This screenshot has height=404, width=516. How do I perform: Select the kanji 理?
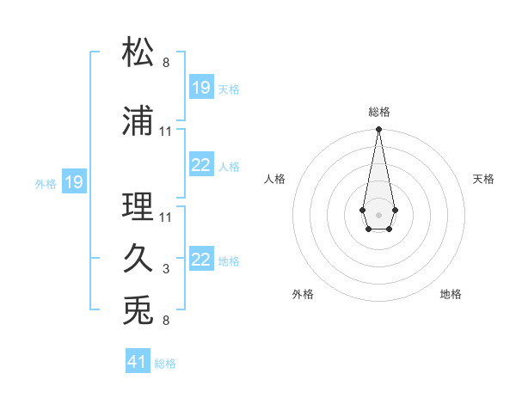click(138, 207)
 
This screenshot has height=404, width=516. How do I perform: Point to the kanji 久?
click(138, 259)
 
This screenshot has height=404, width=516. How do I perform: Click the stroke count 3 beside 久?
click(165, 269)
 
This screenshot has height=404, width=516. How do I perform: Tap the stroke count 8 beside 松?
click(165, 63)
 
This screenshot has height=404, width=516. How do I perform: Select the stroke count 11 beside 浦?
click(166, 132)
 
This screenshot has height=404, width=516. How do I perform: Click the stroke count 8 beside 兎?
click(165, 321)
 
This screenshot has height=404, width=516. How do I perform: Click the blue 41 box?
click(138, 362)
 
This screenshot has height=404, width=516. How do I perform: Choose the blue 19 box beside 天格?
click(201, 88)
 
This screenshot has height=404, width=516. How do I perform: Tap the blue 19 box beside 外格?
click(73, 182)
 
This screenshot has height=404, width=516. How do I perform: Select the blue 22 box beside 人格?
click(201, 165)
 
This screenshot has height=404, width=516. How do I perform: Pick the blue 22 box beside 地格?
click(201, 260)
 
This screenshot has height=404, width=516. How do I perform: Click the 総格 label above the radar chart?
click(378, 112)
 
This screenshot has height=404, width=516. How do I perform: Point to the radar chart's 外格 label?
click(303, 294)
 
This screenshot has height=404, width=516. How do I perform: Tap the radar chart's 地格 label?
click(451, 294)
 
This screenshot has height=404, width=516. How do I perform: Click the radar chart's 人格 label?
click(275, 179)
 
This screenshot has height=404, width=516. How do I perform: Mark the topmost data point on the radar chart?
click(378, 130)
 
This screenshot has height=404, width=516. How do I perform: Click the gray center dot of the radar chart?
click(378, 213)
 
